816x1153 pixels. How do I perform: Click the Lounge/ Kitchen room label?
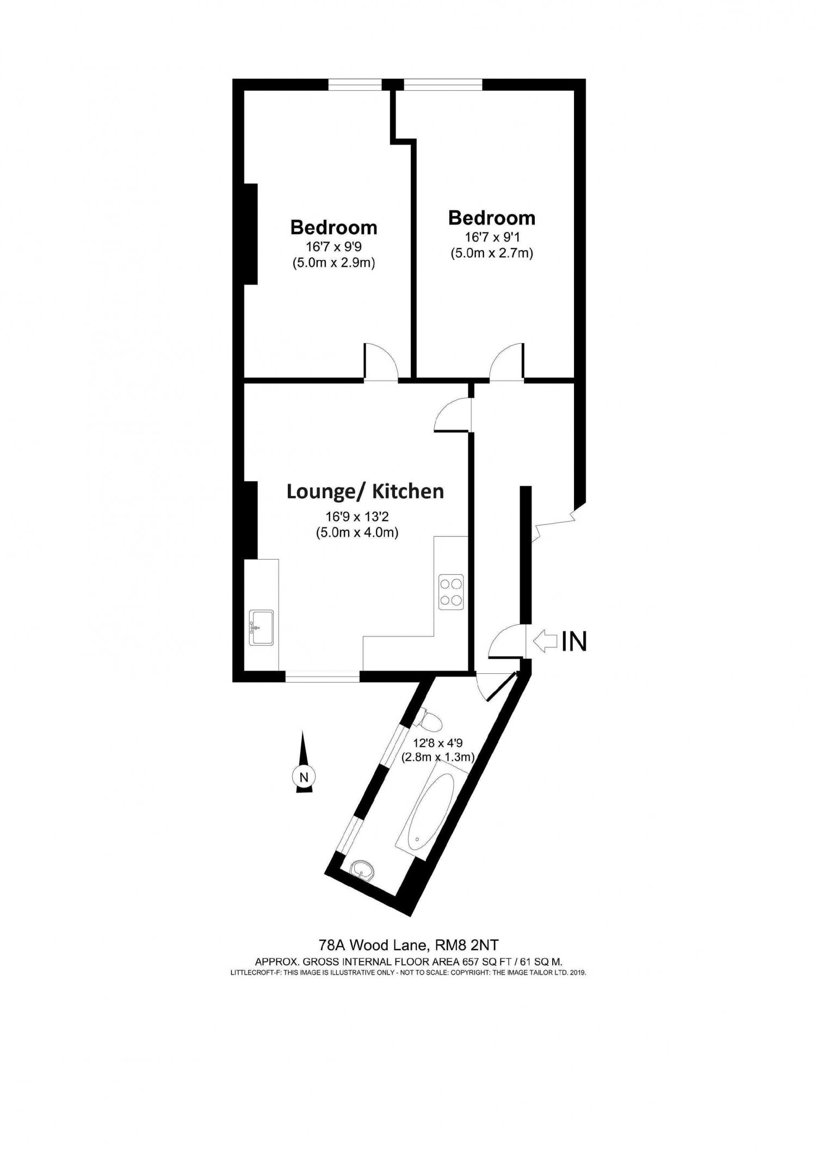365,492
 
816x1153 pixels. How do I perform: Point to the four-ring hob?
452,592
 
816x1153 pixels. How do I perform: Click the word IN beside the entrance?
574,641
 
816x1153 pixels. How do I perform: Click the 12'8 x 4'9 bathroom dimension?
438,743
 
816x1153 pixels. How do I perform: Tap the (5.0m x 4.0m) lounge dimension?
357,532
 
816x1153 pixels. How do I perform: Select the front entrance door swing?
507,642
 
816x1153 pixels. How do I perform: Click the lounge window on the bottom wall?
322,678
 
